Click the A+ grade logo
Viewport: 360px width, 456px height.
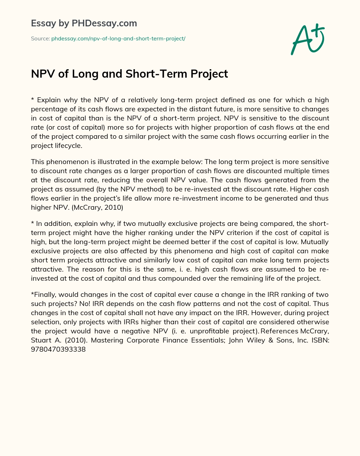[308, 39]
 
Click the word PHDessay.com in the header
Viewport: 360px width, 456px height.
[104, 24]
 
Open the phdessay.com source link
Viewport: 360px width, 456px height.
[118, 39]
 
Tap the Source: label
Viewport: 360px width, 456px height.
[40, 39]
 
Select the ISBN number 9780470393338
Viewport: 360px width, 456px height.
[58, 349]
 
